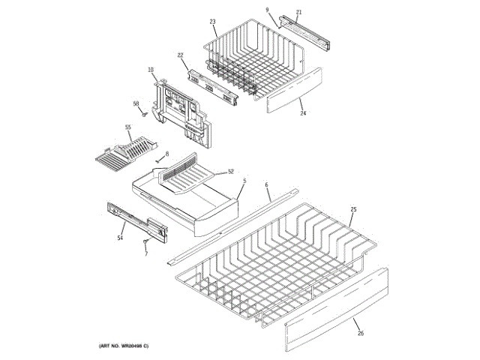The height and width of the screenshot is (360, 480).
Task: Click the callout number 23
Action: [x=212, y=21]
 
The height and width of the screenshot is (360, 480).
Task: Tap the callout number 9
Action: [x=267, y=10]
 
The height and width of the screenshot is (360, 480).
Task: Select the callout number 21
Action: [x=298, y=12]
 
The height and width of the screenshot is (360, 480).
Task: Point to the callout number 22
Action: [x=181, y=55]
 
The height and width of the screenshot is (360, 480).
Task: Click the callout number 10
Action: [x=151, y=70]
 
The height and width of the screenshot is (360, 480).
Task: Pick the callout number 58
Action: [x=136, y=103]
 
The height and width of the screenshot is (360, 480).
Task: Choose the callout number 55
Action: [x=127, y=127]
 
